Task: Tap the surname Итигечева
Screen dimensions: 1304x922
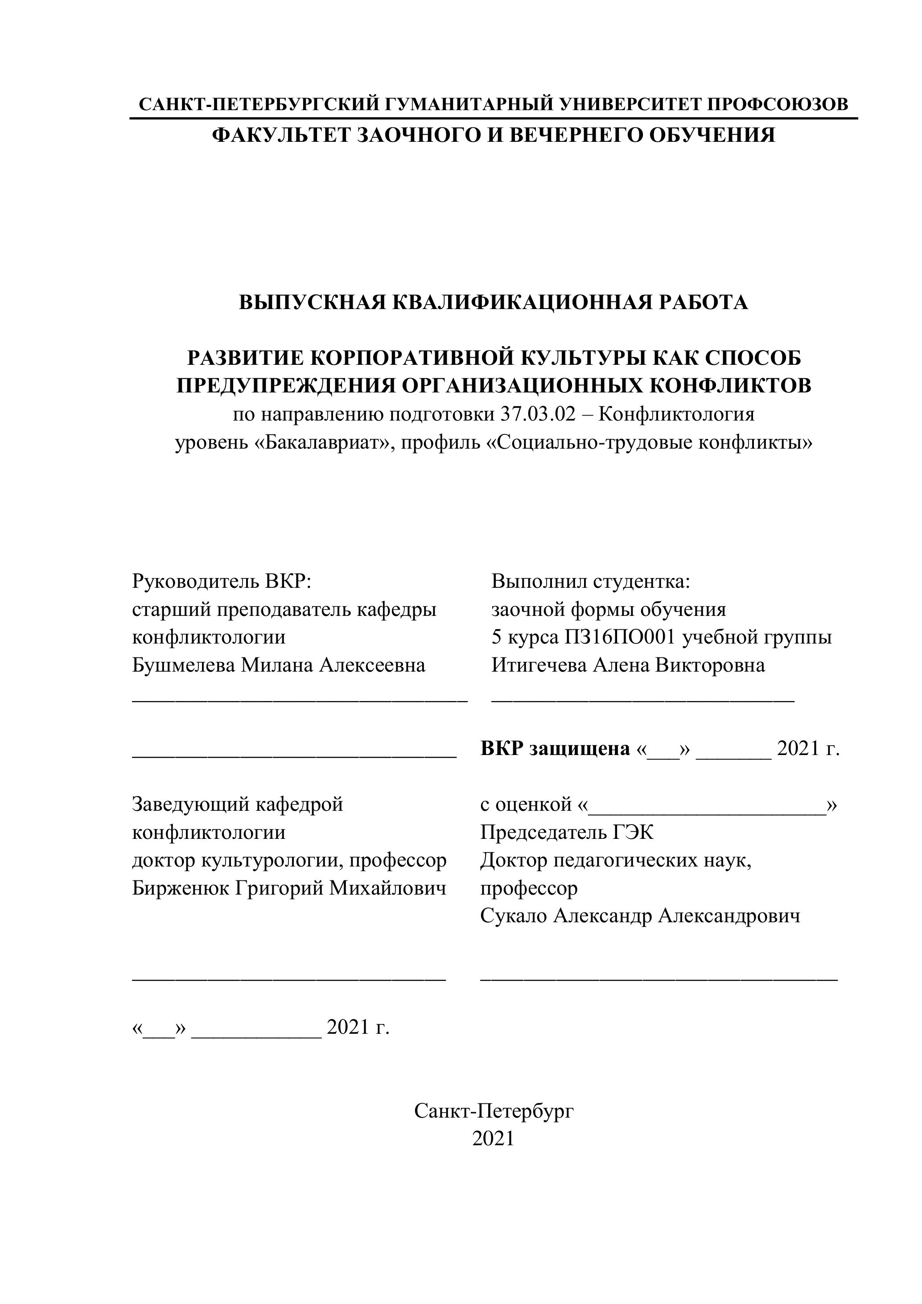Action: click(539, 665)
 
